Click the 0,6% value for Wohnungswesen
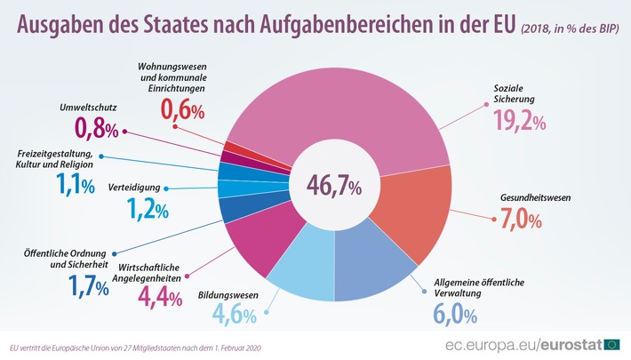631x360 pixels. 182,110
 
